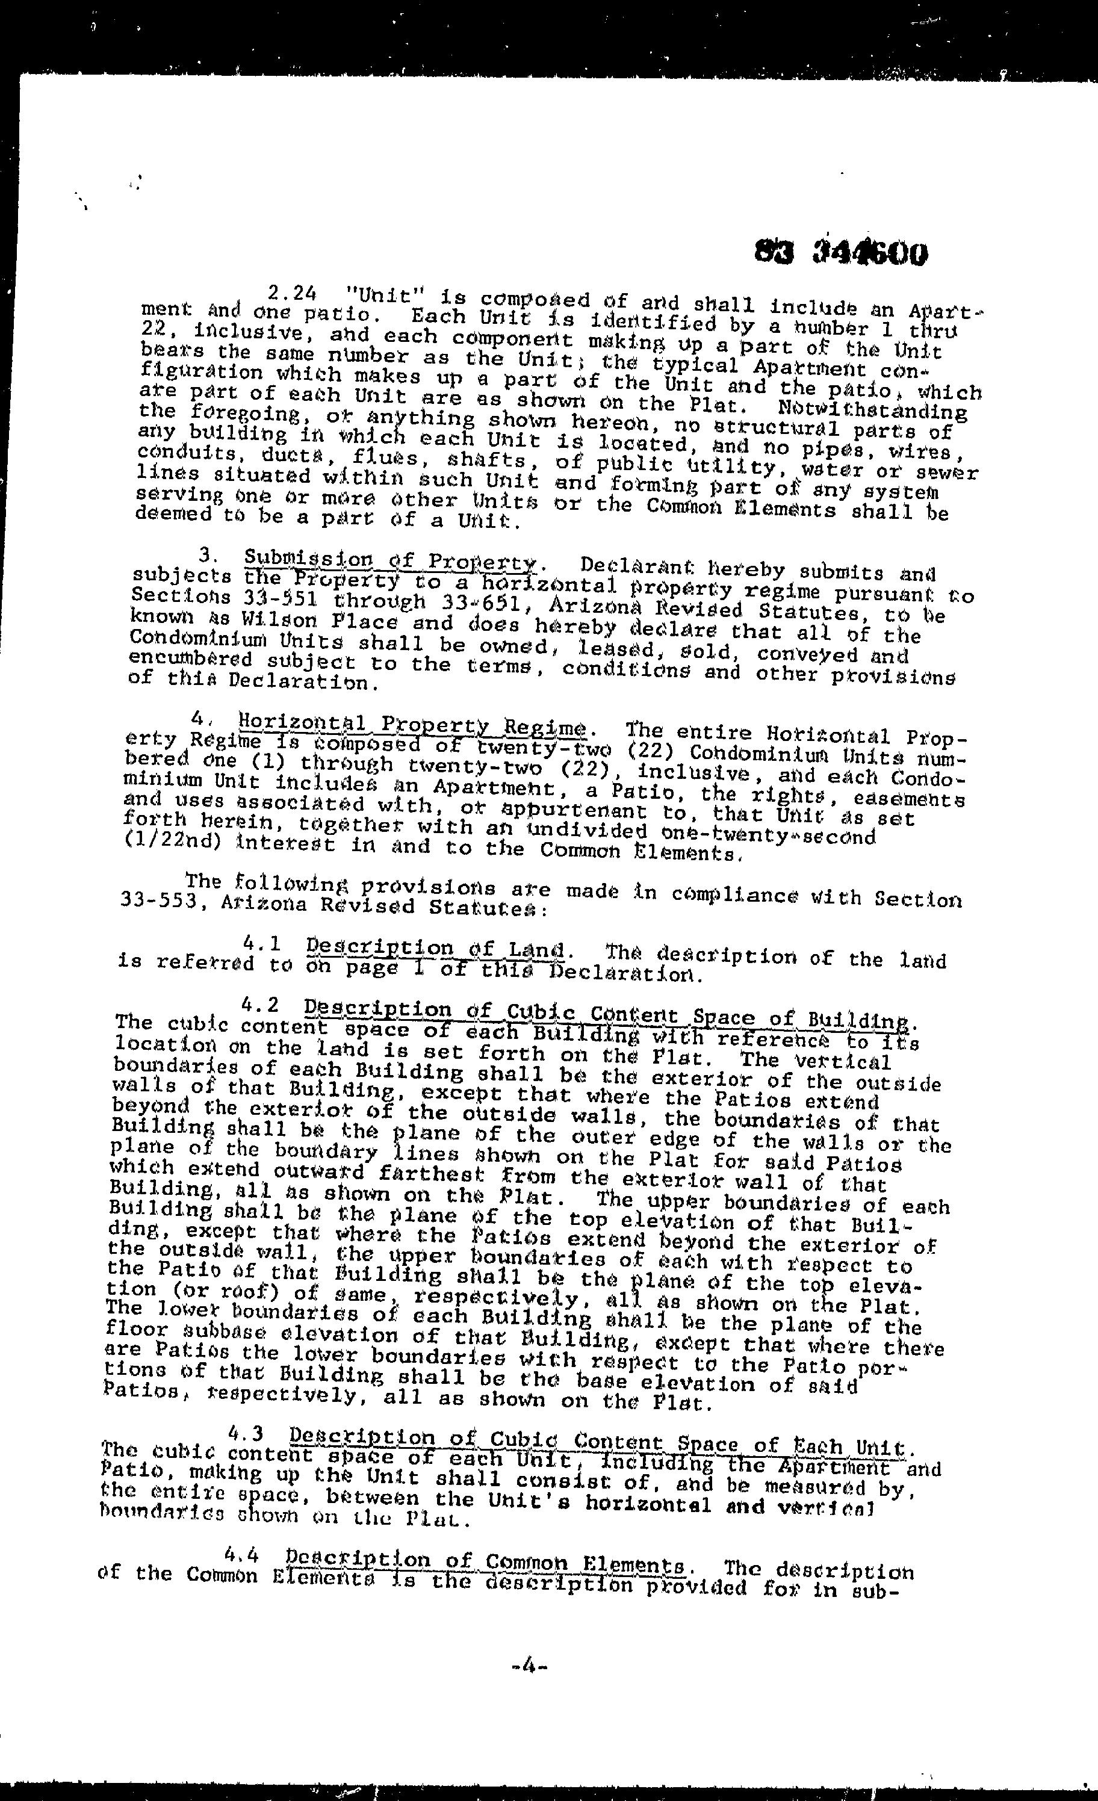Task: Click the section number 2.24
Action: click(x=293, y=294)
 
